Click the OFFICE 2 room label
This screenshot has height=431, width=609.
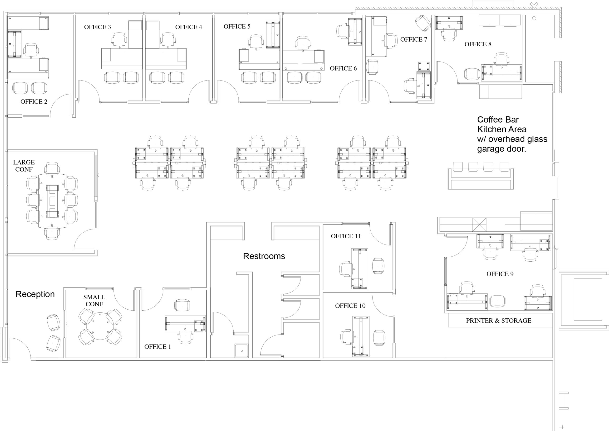[x=34, y=102]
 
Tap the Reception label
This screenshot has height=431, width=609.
[x=35, y=294]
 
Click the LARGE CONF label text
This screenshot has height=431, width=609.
[x=24, y=166]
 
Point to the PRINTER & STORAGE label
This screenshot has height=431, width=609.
[x=498, y=321]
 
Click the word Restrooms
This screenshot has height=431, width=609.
[x=264, y=256]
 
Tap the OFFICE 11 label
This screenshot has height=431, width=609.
[x=346, y=236]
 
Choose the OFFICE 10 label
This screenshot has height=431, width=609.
[x=350, y=306]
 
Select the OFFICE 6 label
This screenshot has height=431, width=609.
[x=343, y=68]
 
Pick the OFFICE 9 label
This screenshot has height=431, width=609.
[x=500, y=274]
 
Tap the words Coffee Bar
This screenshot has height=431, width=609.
[x=498, y=120]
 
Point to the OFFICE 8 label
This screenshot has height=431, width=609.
[x=478, y=44]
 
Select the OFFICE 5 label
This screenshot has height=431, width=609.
[x=237, y=27]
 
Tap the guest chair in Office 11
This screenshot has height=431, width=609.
[x=378, y=266]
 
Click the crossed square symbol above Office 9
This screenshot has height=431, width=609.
[x=479, y=225]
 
